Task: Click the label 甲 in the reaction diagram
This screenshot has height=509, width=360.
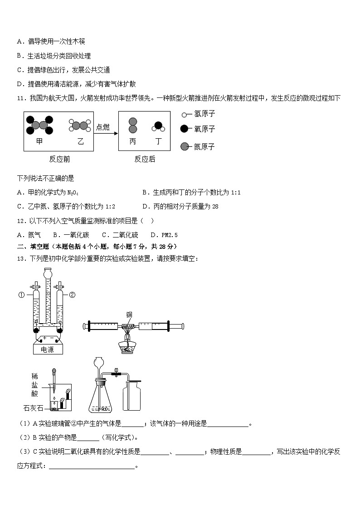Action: [39, 141]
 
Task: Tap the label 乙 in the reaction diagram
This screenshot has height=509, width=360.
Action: [80, 141]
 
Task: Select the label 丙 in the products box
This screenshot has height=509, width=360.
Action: [132, 141]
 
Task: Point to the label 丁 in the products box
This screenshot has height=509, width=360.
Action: [158, 141]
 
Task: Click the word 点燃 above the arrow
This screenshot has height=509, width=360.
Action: [103, 127]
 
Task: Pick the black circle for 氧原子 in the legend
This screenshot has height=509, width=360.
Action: [185, 129]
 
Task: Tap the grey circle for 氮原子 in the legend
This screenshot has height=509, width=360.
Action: [185, 146]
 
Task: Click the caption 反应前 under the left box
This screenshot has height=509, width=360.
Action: [59, 159]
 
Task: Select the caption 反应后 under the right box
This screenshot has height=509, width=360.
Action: [145, 159]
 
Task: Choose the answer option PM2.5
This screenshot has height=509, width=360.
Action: [170, 235]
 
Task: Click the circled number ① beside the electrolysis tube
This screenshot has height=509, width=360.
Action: [21, 295]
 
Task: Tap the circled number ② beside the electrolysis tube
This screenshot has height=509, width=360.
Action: [72, 295]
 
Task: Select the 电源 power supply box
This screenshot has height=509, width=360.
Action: [47, 349]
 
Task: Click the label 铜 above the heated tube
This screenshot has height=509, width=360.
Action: [129, 315]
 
